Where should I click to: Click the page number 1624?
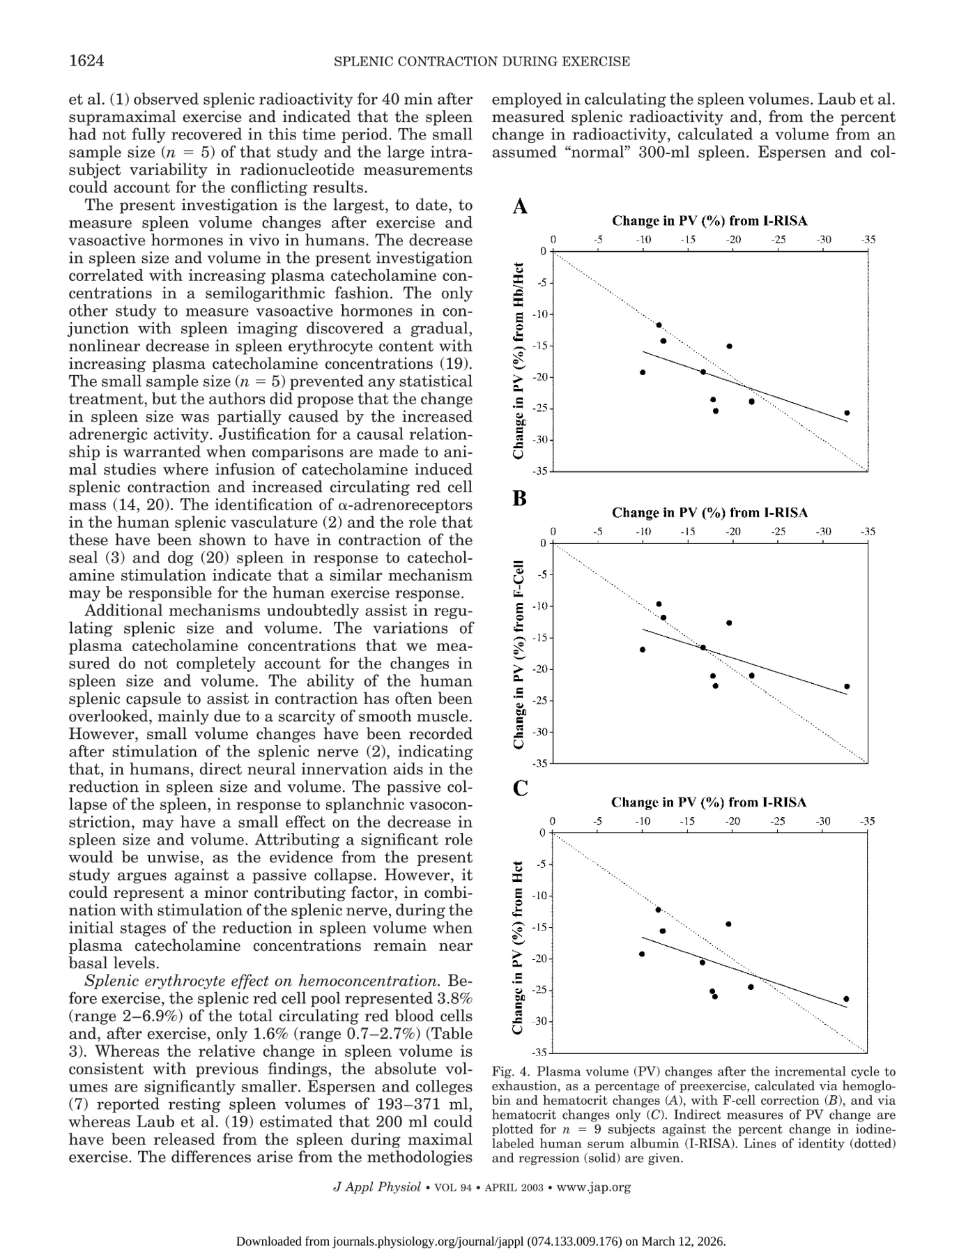pos(86,61)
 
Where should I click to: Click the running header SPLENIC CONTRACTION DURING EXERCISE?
pos(482,62)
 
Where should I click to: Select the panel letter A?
pos(520,207)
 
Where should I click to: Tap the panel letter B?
pos(520,498)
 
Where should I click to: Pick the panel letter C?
pos(520,788)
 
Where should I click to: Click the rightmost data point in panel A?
pos(847,413)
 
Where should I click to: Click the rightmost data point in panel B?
pos(847,687)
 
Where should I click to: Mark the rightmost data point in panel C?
pos(846,999)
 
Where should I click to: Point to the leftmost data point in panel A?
pos(643,372)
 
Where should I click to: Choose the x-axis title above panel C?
pos(709,802)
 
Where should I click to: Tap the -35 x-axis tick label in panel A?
pos(868,240)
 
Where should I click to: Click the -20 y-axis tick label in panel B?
pos(539,669)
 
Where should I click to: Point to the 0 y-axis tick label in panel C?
pos(542,833)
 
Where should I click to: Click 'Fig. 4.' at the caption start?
pos(511,1071)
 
